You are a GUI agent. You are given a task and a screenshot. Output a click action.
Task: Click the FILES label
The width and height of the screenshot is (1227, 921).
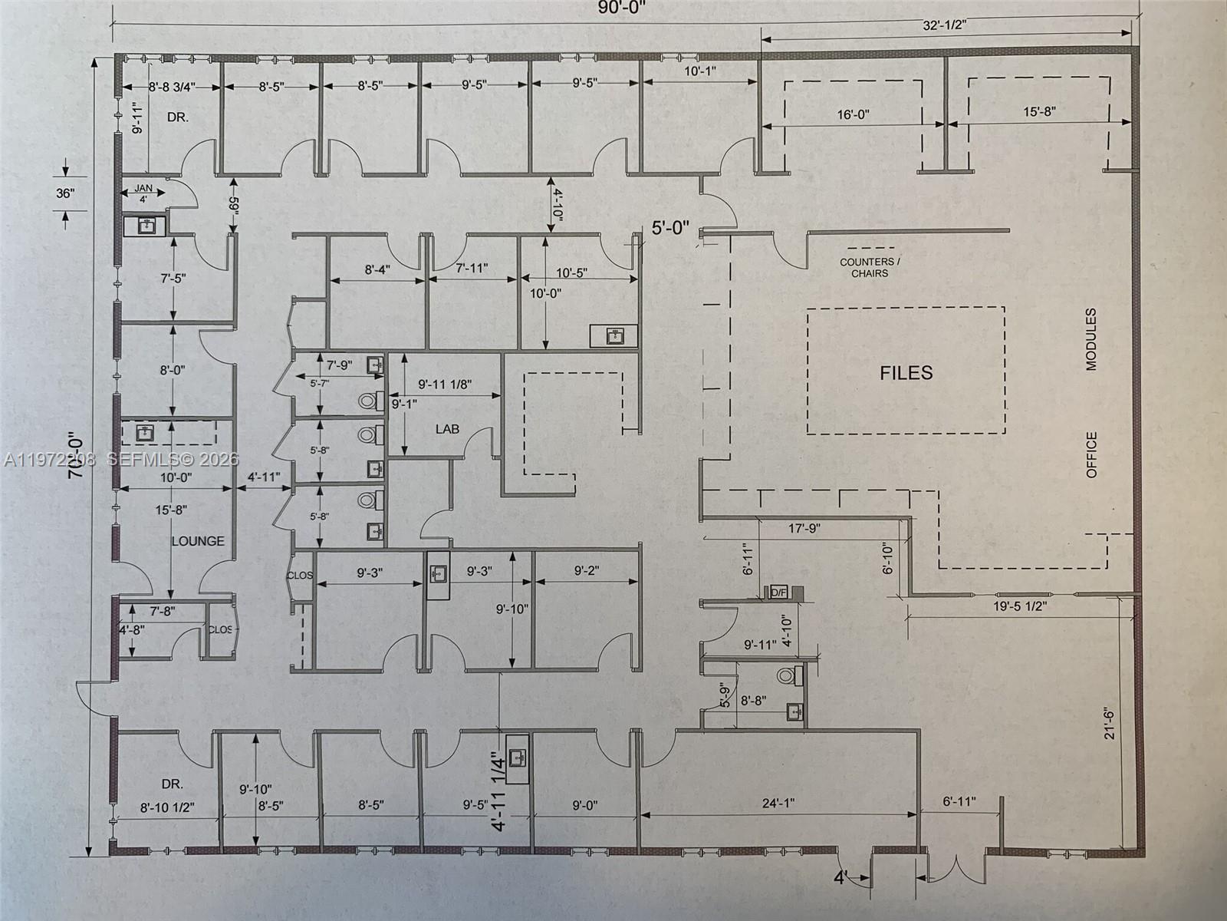[906, 373]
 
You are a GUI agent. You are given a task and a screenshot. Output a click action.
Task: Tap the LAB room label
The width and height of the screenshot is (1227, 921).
[447, 428]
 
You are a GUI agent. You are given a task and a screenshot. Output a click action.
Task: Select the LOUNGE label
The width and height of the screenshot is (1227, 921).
[198, 541]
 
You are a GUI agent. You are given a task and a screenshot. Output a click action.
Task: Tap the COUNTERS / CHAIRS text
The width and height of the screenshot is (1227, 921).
[870, 267]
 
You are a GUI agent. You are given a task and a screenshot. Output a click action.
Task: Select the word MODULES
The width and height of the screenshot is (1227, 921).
[1091, 339]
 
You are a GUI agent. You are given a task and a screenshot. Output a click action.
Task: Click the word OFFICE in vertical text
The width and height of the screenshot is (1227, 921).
[1091, 454]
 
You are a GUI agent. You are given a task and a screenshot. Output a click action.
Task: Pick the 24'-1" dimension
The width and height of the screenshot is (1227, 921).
[778, 804]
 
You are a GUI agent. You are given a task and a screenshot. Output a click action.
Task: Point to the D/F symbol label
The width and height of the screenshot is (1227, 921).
[778, 593]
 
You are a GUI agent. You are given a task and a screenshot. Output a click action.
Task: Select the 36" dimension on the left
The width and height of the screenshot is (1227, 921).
[65, 193]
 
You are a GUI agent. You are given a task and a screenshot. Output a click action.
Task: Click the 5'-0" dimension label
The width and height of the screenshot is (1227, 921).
[670, 228]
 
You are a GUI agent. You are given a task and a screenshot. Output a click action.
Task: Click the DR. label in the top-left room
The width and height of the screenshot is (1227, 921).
[178, 117]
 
